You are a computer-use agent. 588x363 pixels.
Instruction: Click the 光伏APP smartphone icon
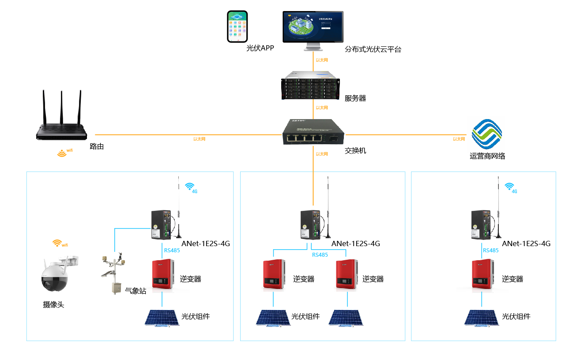(x=237, y=26)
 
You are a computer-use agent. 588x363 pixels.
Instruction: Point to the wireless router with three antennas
(x=62, y=126)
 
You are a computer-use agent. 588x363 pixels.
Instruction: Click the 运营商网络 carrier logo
(x=487, y=135)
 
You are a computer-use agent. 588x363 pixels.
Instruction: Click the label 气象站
(x=136, y=291)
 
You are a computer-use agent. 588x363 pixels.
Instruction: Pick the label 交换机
(x=355, y=151)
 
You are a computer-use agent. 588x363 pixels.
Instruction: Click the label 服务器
(x=355, y=98)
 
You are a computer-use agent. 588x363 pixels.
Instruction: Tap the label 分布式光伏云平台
(x=373, y=49)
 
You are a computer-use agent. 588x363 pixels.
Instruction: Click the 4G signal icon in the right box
(x=510, y=187)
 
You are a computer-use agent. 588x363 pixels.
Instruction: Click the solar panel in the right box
(x=481, y=318)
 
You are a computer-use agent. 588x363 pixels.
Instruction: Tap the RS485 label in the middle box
(x=320, y=255)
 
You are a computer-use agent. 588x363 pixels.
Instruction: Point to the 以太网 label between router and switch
(x=199, y=139)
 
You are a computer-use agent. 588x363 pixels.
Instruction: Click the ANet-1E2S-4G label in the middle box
(x=355, y=243)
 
